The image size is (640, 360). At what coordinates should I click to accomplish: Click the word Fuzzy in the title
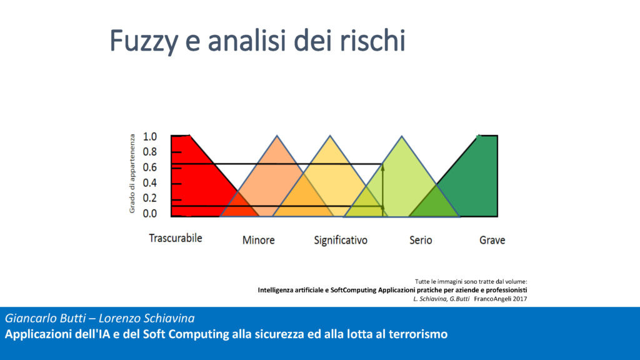[x=144, y=41]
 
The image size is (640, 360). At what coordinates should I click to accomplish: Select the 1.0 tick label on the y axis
[x=150, y=137]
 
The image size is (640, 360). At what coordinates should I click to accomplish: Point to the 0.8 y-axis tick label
[x=150, y=152]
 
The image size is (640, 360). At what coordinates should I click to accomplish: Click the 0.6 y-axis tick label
[x=150, y=167]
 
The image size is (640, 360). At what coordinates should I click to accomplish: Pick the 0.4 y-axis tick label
[x=150, y=183]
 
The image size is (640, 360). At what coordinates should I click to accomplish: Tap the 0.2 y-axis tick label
[x=150, y=198]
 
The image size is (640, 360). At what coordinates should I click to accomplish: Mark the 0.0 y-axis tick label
[x=150, y=214]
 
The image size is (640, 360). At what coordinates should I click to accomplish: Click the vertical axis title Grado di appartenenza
[x=132, y=174]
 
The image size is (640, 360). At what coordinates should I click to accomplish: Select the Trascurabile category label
[x=176, y=238]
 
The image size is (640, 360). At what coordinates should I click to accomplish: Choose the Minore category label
[x=258, y=240]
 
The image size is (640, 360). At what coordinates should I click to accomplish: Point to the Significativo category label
[x=341, y=241]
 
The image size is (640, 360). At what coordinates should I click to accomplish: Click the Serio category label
[x=421, y=240]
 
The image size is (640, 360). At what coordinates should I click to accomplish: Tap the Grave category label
[x=492, y=240]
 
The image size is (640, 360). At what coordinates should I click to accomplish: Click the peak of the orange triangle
[x=277, y=136]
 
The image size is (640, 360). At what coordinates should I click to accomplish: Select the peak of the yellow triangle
[x=330, y=136]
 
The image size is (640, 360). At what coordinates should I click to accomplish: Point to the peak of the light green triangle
[x=402, y=136]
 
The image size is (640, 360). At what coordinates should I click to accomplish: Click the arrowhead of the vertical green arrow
[x=382, y=166]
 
